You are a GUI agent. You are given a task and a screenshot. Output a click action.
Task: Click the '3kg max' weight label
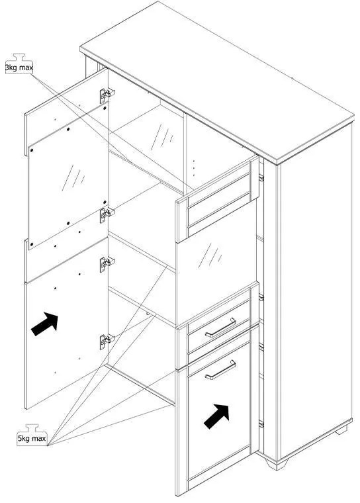(x=19, y=68)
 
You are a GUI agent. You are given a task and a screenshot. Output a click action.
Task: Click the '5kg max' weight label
(x=32, y=438)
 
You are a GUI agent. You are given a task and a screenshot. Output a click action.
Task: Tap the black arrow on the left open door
(x=44, y=324)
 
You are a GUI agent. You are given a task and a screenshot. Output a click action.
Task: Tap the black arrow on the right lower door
(x=216, y=416)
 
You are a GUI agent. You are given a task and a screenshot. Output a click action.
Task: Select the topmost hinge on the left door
(x=106, y=95)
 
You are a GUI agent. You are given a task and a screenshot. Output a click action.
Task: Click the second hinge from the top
(x=107, y=214)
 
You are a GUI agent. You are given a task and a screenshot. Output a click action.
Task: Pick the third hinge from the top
(x=107, y=264)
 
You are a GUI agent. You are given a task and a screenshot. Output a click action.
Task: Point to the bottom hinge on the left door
(x=107, y=342)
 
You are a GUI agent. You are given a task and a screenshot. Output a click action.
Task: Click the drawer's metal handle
(x=220, y=328)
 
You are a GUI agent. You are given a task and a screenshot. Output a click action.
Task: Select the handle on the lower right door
(x=220, y=369)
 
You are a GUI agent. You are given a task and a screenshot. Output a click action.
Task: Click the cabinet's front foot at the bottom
(x=277, y=464)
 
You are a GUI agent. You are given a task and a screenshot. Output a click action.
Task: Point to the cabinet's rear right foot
(x=341, y=430)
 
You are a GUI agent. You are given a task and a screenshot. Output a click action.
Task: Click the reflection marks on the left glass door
(x=73, y=177)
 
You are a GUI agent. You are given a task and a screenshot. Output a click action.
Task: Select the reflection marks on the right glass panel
(x=210, y=255)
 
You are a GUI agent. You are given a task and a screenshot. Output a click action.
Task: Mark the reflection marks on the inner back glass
(x=162, y=137)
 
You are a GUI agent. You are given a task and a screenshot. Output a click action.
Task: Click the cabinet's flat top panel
(x=217, y=83)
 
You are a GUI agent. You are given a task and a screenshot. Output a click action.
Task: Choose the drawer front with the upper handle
(x=219, y=326)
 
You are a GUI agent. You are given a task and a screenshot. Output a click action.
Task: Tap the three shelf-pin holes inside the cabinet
(x=193, y=167)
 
